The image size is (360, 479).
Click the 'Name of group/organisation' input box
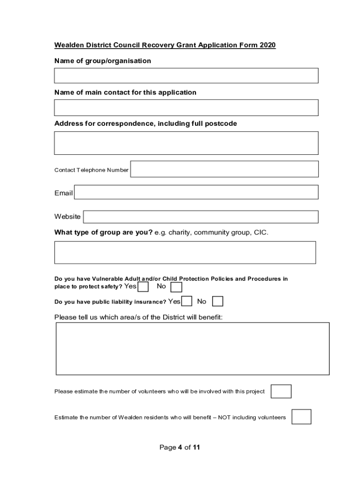click(x=186, y=76)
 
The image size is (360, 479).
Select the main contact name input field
click(x=186, y=108)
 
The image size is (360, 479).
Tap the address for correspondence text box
click(x=186, y=143)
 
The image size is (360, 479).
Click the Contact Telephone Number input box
click(x=224, y=169)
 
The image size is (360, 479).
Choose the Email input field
click(x=196, y=192)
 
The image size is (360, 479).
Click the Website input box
click(x=201, y=217)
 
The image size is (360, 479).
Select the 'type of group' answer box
click(x=185, y=253)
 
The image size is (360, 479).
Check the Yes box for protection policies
click(x=143, y=286)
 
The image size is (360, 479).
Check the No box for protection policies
click(x=176, y=287)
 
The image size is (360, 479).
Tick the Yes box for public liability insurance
click(x=187, y=301)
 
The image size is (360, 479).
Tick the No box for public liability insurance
click(x=218, y=301)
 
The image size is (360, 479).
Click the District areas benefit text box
click(x=193, y=348)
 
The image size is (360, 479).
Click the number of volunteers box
click(x=281, y=392)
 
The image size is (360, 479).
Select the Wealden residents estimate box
click(x=302, y=417)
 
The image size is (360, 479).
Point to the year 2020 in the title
click(x=267, y=45)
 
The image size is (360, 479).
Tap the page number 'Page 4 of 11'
click(x=180, y=448)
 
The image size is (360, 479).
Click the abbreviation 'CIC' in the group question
click(x=260, y=232)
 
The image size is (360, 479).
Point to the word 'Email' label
click(x=64, y=193)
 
